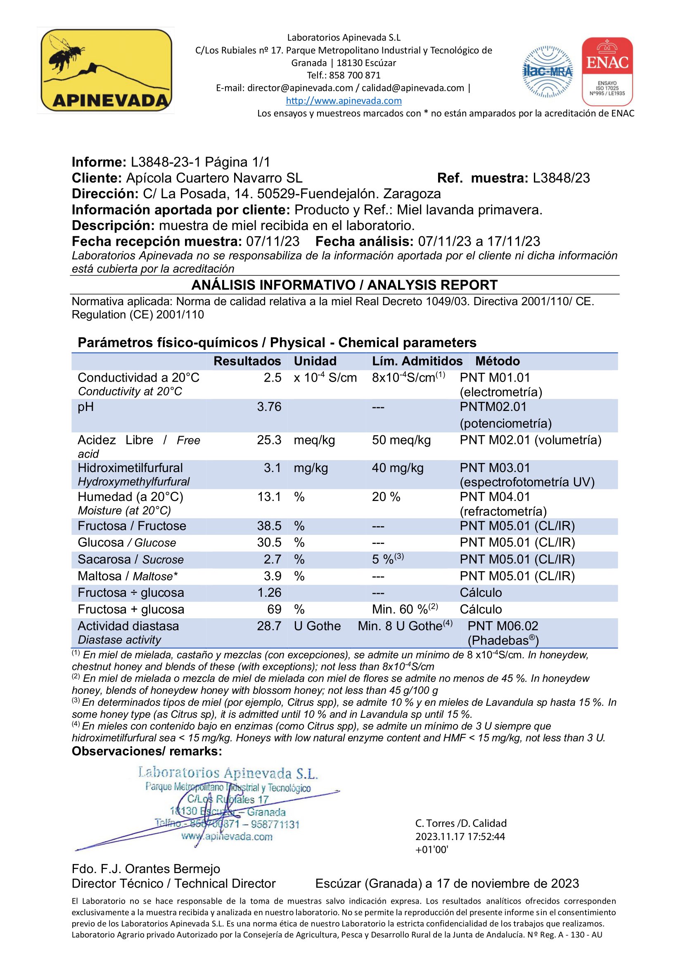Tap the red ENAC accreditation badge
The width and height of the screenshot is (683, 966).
[x=607, y=71]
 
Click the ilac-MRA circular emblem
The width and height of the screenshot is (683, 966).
[x=547, y=72]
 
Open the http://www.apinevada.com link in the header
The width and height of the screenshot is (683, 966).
[x=344, y=101]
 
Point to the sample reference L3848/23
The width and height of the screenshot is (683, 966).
[x=561, y=178]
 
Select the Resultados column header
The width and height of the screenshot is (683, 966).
[x=247, y=361]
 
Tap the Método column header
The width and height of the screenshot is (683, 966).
[x=497, y=361]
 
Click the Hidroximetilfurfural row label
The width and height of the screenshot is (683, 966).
[x=130, y=468]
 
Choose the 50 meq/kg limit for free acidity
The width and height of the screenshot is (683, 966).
[x=401, y=440]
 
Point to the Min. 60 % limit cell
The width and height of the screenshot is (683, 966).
[x=405, y=609]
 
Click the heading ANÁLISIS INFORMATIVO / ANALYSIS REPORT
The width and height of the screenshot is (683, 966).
[x=344, y=285]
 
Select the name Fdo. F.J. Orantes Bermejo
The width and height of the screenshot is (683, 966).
[x=146, y=869]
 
